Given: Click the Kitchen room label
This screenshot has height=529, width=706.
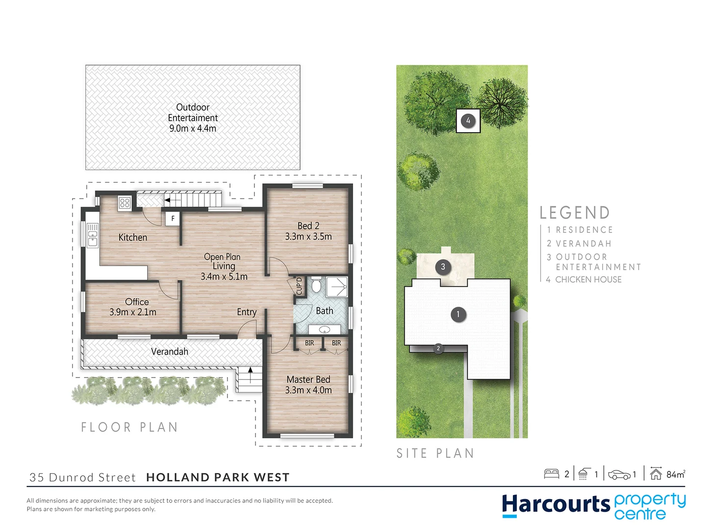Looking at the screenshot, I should (132, 238).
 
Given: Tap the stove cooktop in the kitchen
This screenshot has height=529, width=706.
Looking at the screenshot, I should (125, 202).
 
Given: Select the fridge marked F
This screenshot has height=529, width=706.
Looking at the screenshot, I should (173, 218).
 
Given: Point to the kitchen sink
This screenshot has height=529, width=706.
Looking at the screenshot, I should (92, 236).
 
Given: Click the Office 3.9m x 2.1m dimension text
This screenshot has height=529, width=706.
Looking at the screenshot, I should (133, 312).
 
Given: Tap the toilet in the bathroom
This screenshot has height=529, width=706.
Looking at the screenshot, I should (316, 285).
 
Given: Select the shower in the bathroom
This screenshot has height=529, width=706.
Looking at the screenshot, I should (337, 287).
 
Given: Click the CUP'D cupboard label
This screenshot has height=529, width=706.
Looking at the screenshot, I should (299, 286).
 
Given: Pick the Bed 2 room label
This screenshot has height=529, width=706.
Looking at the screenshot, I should (308, 226).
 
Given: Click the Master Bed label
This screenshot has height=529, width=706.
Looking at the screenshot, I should (308, 380).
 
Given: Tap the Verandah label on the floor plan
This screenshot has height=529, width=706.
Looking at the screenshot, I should (170, 352).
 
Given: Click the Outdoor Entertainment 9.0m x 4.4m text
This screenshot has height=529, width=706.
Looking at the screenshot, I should (193, 118).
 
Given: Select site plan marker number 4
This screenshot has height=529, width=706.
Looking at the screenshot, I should (468, 120).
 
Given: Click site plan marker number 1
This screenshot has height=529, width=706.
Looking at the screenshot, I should (458, 314).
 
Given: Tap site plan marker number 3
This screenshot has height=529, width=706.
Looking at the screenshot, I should (443, 267).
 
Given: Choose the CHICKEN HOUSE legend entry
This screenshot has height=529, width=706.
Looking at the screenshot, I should (588, 280).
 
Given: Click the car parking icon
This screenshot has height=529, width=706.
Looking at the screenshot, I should (619, 475).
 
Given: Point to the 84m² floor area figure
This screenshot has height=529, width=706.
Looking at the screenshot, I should (675, 474).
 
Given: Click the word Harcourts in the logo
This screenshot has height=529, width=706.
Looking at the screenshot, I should (555, 505).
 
